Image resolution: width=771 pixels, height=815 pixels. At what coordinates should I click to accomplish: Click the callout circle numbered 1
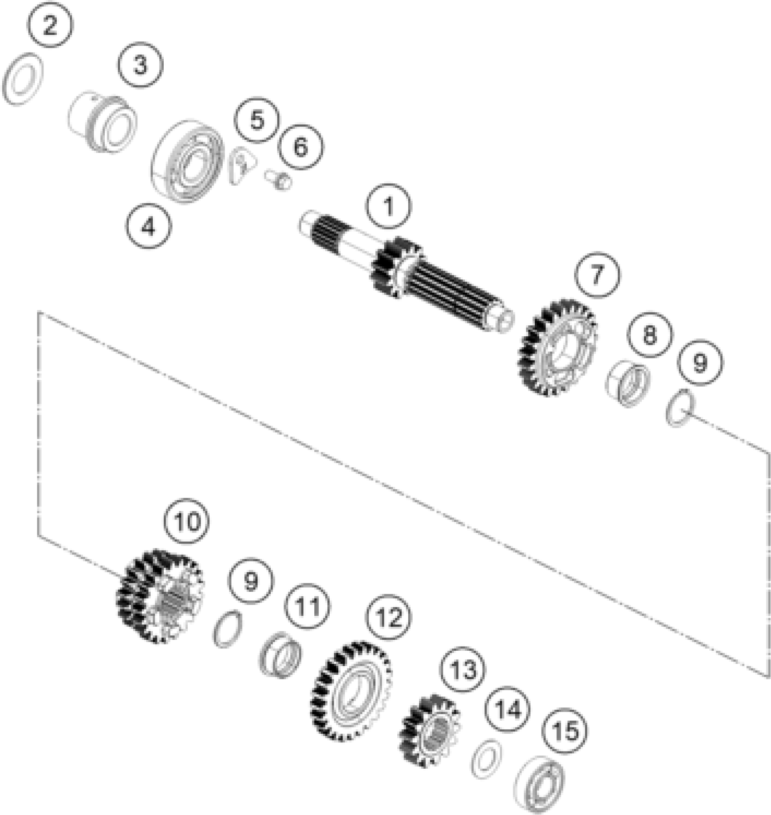click(x=389, y=206)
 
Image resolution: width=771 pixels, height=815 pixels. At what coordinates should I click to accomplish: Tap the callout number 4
click(x=149, y=226)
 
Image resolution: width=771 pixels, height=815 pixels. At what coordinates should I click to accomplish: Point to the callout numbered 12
click(x=390, y=617)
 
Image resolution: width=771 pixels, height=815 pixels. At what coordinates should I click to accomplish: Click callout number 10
click(x=187, y=521)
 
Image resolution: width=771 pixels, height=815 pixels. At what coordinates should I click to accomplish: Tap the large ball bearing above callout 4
click(x=187, y=161)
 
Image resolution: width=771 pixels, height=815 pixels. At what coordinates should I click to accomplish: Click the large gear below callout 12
click(x=351, y=691)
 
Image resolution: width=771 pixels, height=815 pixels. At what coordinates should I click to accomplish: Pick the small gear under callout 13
click(x=429, y=730)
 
